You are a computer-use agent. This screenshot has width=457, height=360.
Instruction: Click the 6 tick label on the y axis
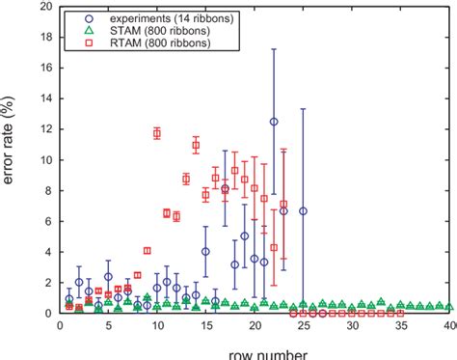tap(39, 221)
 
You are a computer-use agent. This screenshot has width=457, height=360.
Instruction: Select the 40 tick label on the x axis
tap(449, 326)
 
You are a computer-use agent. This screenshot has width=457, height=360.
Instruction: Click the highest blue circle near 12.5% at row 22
tap(274, 122)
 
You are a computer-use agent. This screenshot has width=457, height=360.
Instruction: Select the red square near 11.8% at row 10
tap(157, 133)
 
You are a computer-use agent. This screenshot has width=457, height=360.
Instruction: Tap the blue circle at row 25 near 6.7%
tap(304, 210)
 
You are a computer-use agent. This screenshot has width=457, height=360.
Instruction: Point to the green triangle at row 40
tap(449, 307)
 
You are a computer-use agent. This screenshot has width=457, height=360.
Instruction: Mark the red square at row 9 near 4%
tap(147, 251)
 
